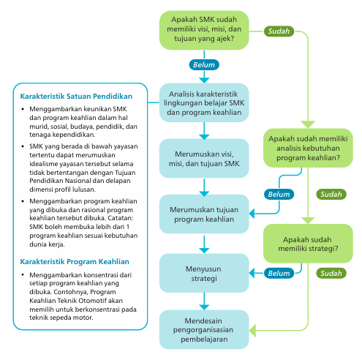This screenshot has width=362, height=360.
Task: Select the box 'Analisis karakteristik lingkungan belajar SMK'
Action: [x=204, y=104]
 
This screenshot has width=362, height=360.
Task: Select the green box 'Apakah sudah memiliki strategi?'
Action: [x=309, y=243]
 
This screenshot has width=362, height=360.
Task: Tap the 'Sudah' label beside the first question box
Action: [x=279, y=31]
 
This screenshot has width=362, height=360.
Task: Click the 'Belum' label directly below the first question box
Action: [x=204, y=64]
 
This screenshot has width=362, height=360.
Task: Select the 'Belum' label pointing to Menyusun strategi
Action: [x=279, y=273]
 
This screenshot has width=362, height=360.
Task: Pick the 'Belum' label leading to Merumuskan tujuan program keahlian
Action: [x=279, y=195]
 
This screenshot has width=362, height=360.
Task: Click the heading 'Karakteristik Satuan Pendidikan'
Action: [x=75, y=97]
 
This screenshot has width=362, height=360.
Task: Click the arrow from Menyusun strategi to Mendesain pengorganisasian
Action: [x=204, y=300]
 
